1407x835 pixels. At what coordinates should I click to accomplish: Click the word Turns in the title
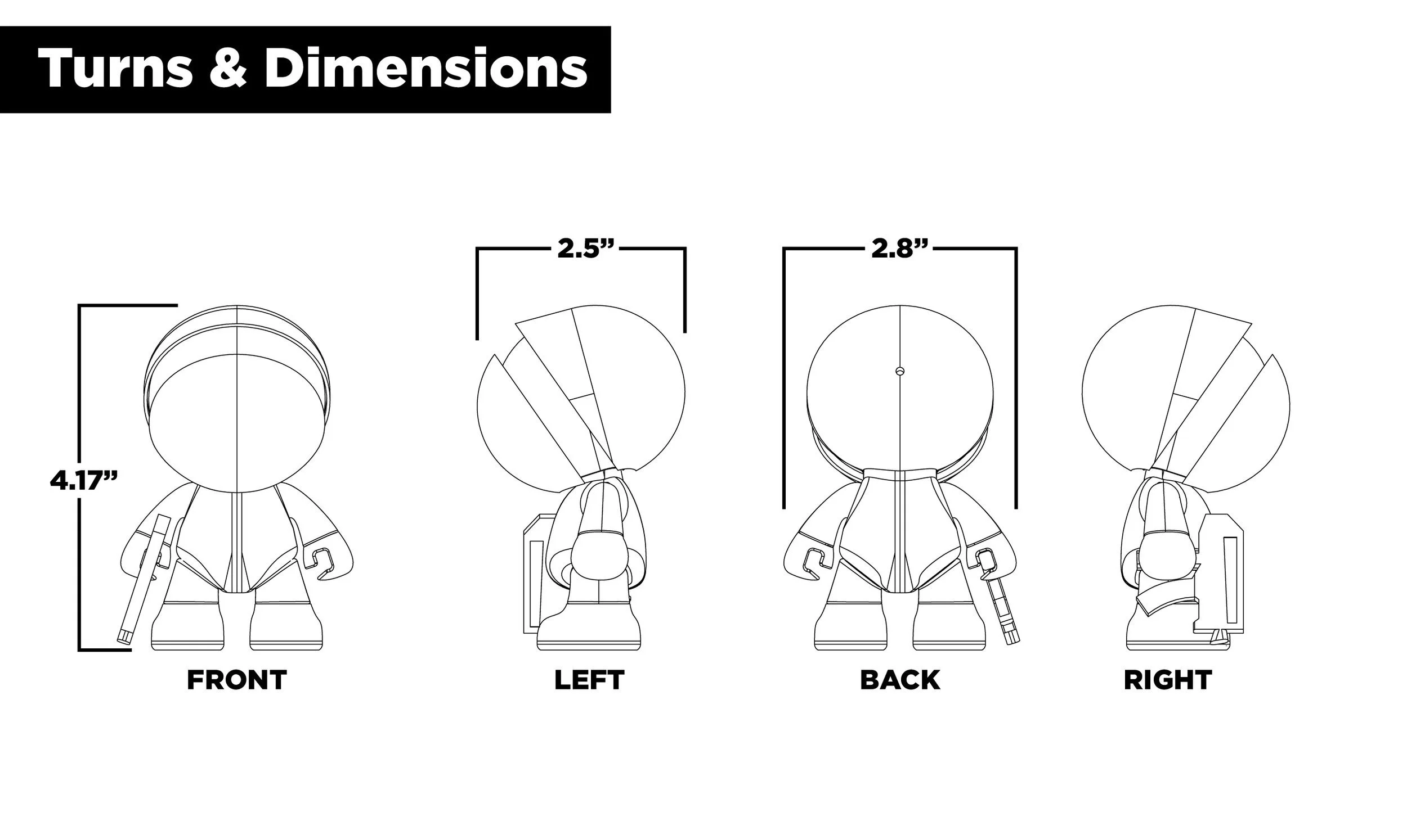tap(115, 69)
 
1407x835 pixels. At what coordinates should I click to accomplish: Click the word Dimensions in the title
tap(426, 69)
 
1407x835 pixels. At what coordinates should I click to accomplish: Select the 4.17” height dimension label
tap(84, 481)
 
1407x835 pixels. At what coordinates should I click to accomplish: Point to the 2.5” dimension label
tap(585, 248)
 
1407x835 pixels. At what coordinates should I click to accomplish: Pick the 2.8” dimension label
tap(899, 248)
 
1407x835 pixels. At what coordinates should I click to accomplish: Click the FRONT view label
tap(236, 680)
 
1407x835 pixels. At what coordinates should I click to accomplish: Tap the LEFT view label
tap(589, 680)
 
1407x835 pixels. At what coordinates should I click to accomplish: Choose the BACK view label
tap(900, 680)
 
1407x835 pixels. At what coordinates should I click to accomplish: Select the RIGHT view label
tap(1168, 680)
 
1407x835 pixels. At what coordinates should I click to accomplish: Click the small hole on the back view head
tap(899, 371)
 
